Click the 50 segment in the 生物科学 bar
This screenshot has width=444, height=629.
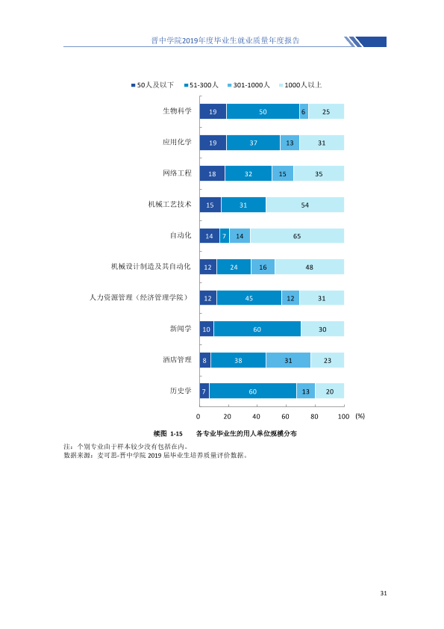(x=263, y=111)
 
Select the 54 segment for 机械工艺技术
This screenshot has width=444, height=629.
(x=305, y=205)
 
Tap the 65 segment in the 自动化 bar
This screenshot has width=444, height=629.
(x=297, y=236)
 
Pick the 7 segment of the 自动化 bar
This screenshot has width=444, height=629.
(x=225, y=236)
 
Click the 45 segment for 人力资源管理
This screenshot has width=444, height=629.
(x=249, y=298)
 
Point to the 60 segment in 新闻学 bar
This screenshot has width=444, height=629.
(x=257, y=329)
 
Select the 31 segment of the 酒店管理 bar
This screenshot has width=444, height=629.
(x=289, y=360)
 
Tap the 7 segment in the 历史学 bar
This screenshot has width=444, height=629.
(x=204, y=391)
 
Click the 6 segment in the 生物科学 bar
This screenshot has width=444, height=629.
(x=304, y=111)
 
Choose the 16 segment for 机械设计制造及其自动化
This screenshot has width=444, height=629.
(x=263, y=267)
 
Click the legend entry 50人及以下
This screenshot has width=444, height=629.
(x=153, y=85)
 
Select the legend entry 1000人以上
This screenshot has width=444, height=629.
(x=301, y=85)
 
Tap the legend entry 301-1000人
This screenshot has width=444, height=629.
(x=248, y=85)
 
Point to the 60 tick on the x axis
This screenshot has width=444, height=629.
(x=285, y=416)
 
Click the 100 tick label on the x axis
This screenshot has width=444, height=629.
(x=343, y=416)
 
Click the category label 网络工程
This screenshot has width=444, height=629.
(x=177, y=173)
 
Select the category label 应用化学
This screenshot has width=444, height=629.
(x=177, y=142)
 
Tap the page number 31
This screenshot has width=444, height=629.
(x=384, y=593)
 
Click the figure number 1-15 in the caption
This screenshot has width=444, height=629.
(x=176, y=433)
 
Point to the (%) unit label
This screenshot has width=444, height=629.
(x=360, y=416)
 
